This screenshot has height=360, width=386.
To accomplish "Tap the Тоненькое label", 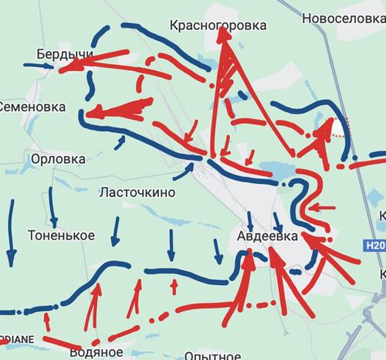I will point(61,234).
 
